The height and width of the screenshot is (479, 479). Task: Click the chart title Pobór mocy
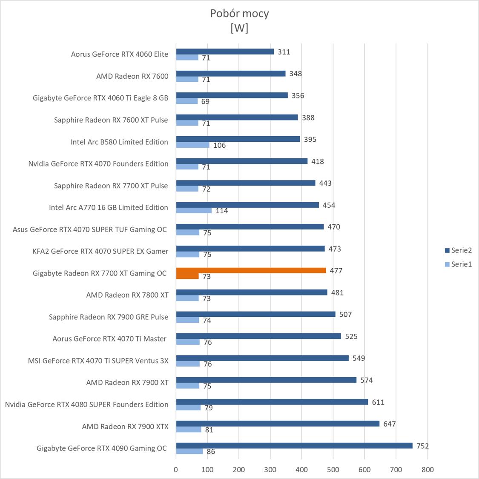pyautogui.click(x=239, y=14)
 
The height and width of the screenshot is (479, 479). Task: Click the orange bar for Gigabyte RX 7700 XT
pyautogui.click(x=251, y=270)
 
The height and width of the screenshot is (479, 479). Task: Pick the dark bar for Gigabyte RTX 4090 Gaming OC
pyautogui.click(x=294, y=445)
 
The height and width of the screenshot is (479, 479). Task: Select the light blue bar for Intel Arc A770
pyautogui.click(x=194, y=210)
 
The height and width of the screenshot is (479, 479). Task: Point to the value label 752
pyautogui.click(x=423, y=446)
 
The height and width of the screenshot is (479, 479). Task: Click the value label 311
pyautogui.click(x=284, y=52)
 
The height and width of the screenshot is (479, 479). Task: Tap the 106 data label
pyautogui.click(x=219, y=145)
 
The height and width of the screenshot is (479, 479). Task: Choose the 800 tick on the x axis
pyautogui.click(x=427, y=470)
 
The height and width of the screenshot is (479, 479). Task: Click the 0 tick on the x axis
pyautogui.click(x=176, y=470)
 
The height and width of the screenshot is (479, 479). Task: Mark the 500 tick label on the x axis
pyautogui.click(x=333, y=470)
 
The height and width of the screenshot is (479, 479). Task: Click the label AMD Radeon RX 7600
pyautogui.click(x=132, y=76)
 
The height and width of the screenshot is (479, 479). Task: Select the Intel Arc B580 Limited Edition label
pyautogui.click(x=119, y=142)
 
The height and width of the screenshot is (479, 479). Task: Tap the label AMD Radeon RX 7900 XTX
pyautogui.click(x=125, y=426)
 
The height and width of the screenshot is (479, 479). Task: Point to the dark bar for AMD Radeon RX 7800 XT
pyautogui.click(x=251, y=293)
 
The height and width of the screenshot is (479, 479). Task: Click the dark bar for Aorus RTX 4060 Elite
pyautogui.click(x=225, y=52)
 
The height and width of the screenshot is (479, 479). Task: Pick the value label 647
pyautogui.click(x=389, y=424)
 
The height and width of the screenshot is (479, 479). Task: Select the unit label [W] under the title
pyautogui.click(x=239, y=28)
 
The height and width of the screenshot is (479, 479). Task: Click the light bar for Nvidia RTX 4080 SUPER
pyautogui.click(x=188, y=407)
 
